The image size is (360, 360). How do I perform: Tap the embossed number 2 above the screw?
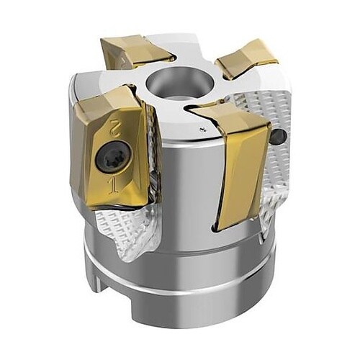point(114,127)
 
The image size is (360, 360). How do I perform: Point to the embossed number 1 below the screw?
point(113,185)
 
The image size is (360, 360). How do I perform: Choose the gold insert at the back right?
point(246,60)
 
